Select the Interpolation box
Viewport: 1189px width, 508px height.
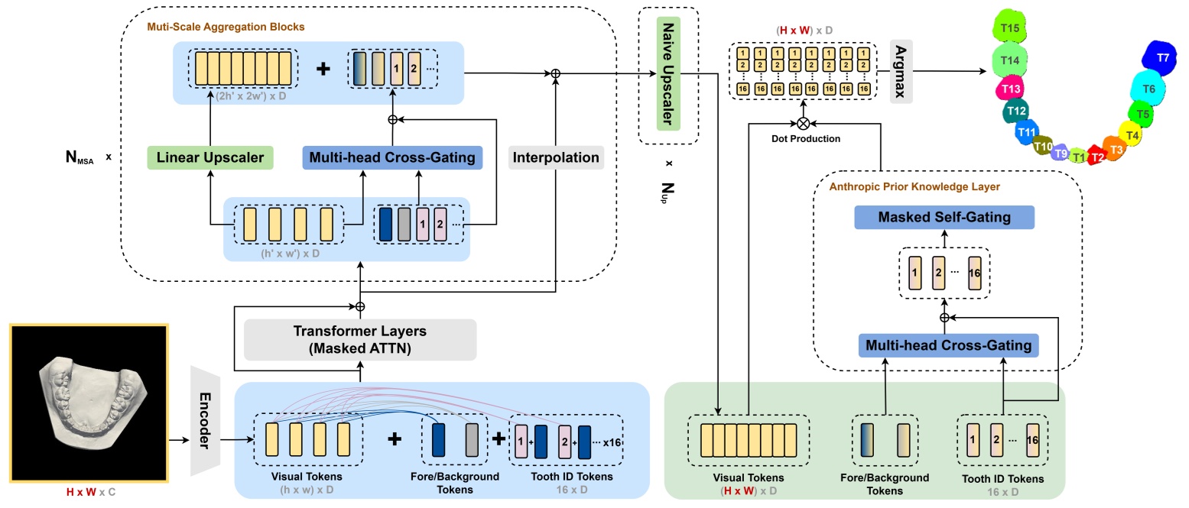[557, 158]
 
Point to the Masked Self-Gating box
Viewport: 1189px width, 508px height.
[944, 218]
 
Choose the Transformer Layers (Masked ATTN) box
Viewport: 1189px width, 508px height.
[359, 339]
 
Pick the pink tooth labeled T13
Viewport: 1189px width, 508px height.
[1010, 89]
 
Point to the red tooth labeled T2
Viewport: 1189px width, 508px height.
[1096, 157]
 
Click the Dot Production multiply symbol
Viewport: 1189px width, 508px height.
[803, 123]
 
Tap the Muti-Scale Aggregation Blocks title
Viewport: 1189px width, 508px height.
[226, 27]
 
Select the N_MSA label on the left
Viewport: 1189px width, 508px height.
[83, 158]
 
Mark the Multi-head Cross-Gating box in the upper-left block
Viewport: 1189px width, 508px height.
[392, 158]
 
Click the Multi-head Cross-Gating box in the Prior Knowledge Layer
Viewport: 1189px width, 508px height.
[947, 345]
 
